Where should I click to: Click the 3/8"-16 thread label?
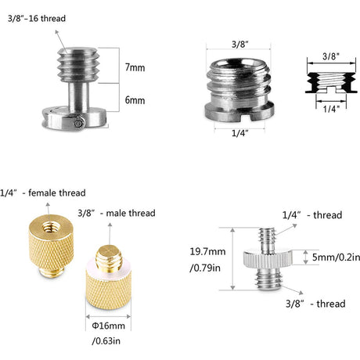(37, 19)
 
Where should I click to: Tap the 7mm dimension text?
(135, 67)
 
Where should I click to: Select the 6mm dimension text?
(135, 100)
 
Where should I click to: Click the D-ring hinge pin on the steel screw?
(79, 123)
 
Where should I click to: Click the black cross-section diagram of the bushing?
(331, 82)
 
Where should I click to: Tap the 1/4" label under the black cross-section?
(331, 109)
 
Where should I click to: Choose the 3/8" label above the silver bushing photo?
(239, 45)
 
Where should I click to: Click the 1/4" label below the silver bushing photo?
(239, 133)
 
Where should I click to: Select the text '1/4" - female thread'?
(43, 193)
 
